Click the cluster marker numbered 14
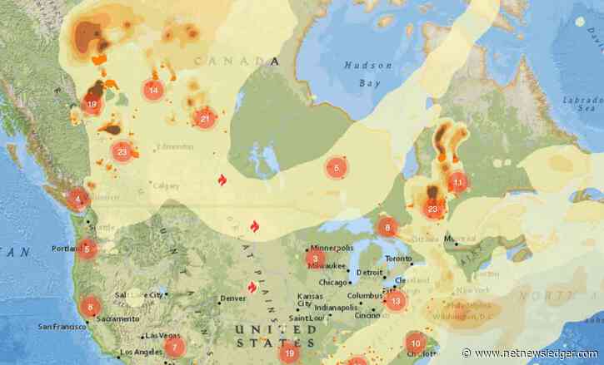coord(152,90)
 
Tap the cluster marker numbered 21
coord(204,119)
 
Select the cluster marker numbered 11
coord(457,182)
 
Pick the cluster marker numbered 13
coord(395,301)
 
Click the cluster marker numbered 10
coord(415,343)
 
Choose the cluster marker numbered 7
coord(173,347)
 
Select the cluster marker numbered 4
coord(78,199)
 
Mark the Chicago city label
coord(332,282)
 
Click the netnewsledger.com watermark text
coord(532,353)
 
